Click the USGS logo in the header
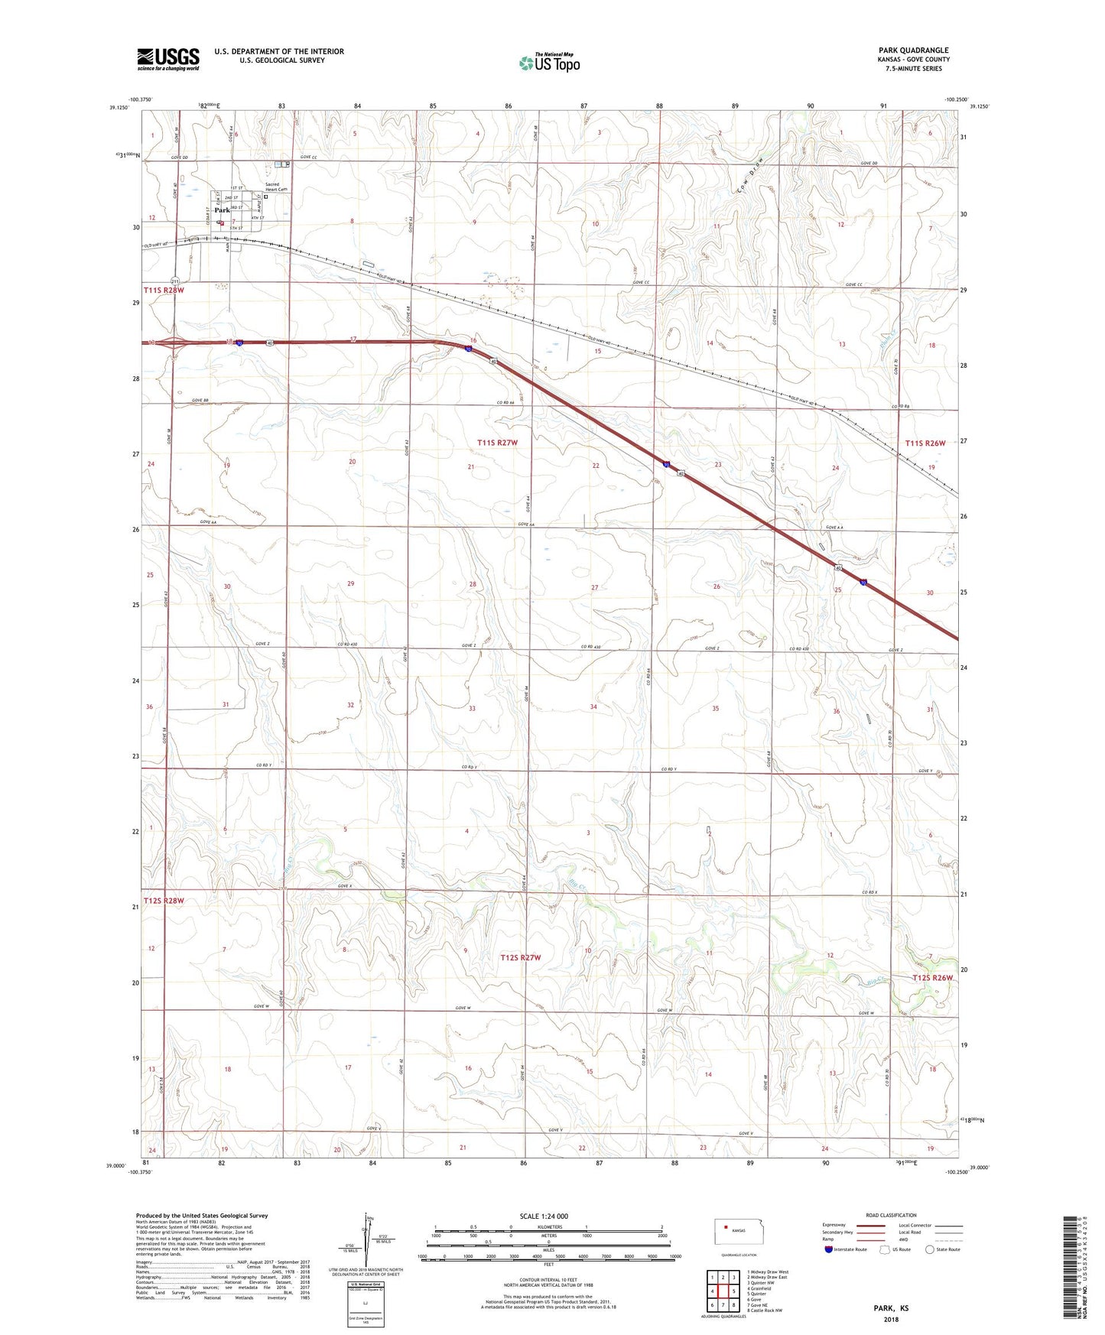pos(168,58)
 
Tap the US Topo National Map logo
pos(549,62)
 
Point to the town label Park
pos(222,210)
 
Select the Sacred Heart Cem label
pos(275,187)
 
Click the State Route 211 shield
pos(175,281)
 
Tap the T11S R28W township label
pos(164,291)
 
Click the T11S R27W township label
pos(498,443)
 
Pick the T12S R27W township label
pos(521,957)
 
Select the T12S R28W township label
pos(164,901)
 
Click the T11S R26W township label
pos(925,443)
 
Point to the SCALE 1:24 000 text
pos(544,1216)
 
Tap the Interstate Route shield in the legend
pos(829,1249)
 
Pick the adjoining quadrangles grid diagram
pos(723,1291)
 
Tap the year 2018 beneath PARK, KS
pos(891,1319)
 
